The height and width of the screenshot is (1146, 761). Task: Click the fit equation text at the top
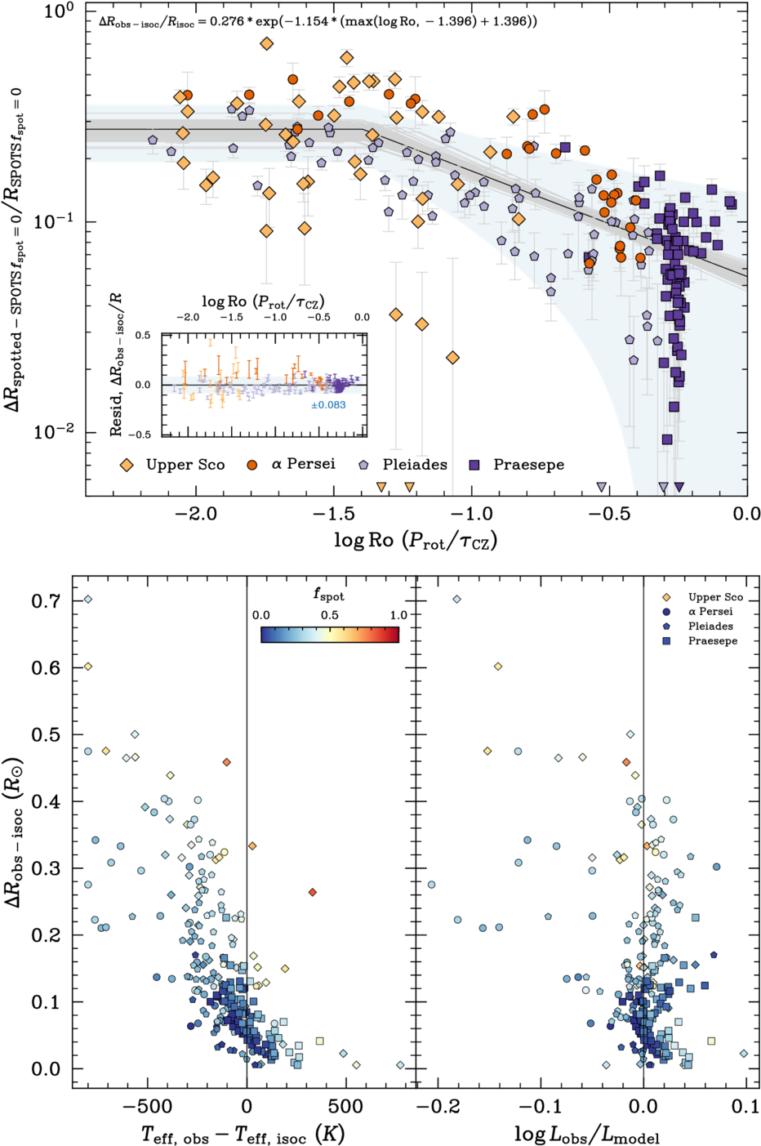coord(318,21)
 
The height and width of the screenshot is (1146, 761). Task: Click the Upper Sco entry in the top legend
coord(185,465)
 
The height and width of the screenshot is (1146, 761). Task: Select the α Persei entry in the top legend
coord(303,465)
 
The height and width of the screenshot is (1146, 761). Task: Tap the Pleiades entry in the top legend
coord(415,465)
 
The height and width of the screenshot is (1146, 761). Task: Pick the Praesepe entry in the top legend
coord(528,465)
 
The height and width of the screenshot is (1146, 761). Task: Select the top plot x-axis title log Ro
coord(416,540)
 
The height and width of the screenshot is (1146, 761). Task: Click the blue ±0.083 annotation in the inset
coord(328,405)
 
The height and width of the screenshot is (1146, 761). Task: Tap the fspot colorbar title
coord(329,595)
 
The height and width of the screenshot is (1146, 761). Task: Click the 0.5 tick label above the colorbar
coord(330,615)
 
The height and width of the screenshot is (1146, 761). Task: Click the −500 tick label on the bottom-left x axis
coord(148,1107)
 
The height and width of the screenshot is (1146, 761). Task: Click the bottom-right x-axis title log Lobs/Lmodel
coord(586,1135)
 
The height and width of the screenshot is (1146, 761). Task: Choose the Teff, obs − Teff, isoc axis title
coord(243,1135)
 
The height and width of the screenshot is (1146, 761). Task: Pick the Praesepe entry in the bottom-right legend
coord(712,641)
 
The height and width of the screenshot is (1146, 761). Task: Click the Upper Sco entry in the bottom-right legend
coord(715,597)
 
